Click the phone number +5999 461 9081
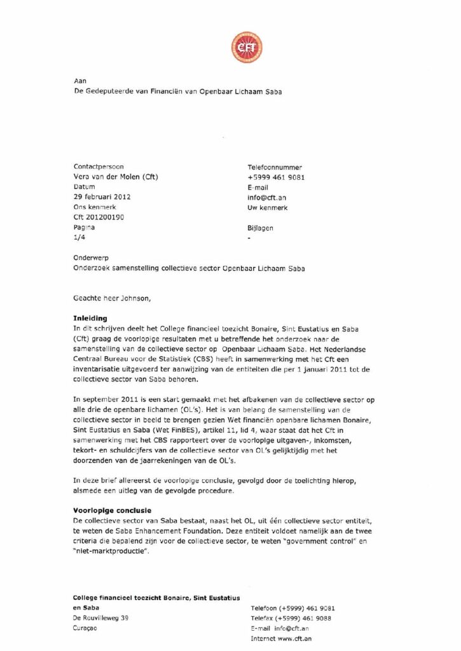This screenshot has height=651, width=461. (276, 177)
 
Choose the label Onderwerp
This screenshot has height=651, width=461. (94, 258)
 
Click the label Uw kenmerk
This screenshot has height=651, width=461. (268, 207)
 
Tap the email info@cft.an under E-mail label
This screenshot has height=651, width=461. (267, 198)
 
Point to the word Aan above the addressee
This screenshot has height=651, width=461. (80, 81)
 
